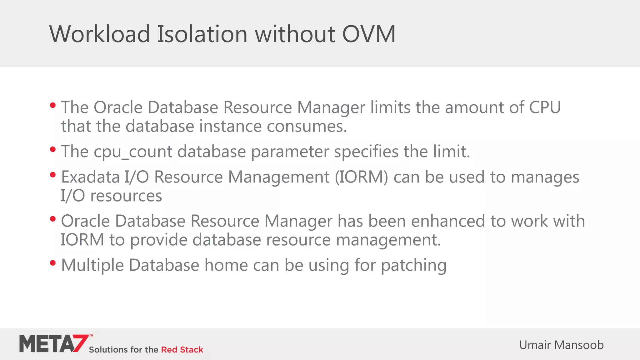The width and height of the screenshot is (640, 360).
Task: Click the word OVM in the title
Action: point(369,34)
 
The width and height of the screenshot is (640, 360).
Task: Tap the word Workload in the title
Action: point(100,34)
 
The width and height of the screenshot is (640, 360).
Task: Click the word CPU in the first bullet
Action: point(545,107)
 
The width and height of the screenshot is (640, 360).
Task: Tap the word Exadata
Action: point(90,177)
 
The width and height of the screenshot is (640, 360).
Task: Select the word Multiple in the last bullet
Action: point(92,266)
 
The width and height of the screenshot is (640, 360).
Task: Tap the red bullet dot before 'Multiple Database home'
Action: point(53,263)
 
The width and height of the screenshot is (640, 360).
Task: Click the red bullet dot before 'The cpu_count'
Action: point(53,150)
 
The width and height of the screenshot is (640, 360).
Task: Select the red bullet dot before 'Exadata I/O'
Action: point(53,175)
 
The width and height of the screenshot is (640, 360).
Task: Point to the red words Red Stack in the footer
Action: point(182,350)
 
